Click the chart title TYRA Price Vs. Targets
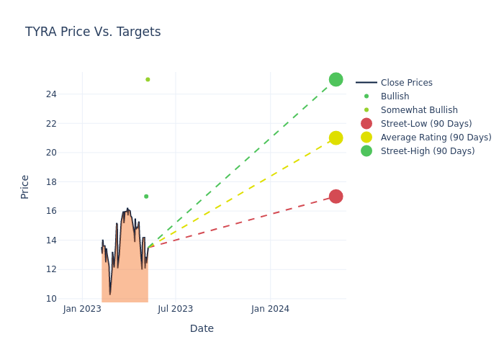(x=93, y=32)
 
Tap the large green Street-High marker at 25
(x=336, y=79)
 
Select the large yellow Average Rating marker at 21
(x=336, y=138)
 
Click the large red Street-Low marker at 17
(x=336, y=197)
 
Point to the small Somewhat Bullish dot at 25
(x=148, y=79)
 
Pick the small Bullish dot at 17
(x=146, y=197)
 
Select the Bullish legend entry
(x=395, y=96)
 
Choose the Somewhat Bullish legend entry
(x=419, y=110)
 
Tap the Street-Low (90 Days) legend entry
(x=426, y=124)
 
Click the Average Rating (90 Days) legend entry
(x=436, y=138)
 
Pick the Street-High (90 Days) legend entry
(x=428, y=151)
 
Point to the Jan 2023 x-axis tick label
(x=82, y=309)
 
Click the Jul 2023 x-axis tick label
(x=176, y=309)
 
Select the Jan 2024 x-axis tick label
(x=270, y=309)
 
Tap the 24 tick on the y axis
(x=51, y=94)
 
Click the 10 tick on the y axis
(x=51, y=299)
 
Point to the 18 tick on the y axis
(x=51, y=182)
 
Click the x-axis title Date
(x=202, y=329)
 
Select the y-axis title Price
(x=25, y=186)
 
